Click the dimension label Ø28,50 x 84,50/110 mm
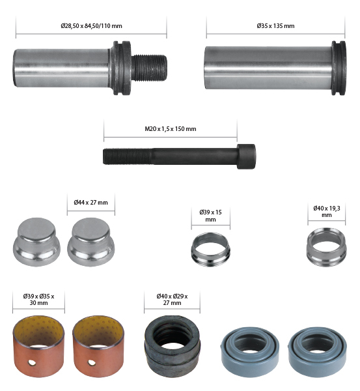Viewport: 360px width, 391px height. pyautogui.click(x=91, y=25)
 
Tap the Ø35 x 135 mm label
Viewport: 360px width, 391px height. pyautogui.click(x=275, y=25)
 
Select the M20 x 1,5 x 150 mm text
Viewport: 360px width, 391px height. pyautogui.click(x=171, y=128)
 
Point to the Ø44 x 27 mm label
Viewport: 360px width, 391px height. pyautogui.click(x=90, y=202)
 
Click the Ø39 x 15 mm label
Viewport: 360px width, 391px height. pyautogui.click(x=210, y=216)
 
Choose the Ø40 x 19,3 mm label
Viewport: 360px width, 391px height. pyautogui.click(x=327, y=211)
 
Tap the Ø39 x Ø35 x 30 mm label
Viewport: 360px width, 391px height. pyautogui.click(x=38, y=300)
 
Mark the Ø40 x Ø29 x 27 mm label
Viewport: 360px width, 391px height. pyautogui.click(x=172, y=300)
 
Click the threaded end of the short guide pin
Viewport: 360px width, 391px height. pyautogui.click(x=149, y=68)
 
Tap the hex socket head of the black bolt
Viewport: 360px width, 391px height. pyautogui.click(x=246, y=156)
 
